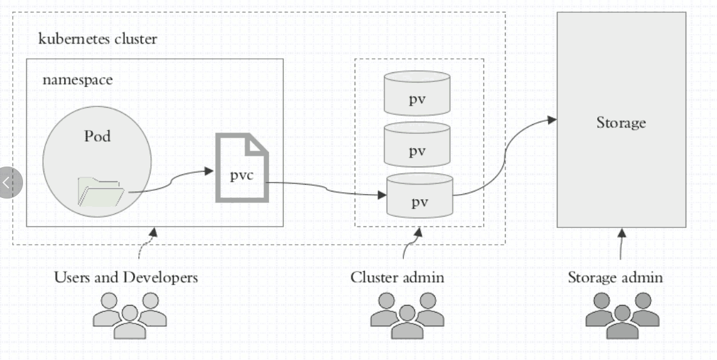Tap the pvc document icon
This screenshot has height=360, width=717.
[x=241, y=167]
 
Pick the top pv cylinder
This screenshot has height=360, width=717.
[x=417, y=92]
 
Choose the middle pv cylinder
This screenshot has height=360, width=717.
[x=417, y=144]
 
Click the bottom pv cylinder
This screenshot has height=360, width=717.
[x=419, y=195]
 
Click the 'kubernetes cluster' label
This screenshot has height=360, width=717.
[x=97, y=38]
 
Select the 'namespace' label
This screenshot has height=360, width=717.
[x=77, y=80]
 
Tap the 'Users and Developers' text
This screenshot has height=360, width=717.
[x=126, y=277]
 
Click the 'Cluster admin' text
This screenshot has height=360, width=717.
[x=397, y=277]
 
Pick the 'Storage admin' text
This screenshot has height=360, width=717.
[x=615, y=277]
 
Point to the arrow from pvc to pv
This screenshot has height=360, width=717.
[x=326, y=188]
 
